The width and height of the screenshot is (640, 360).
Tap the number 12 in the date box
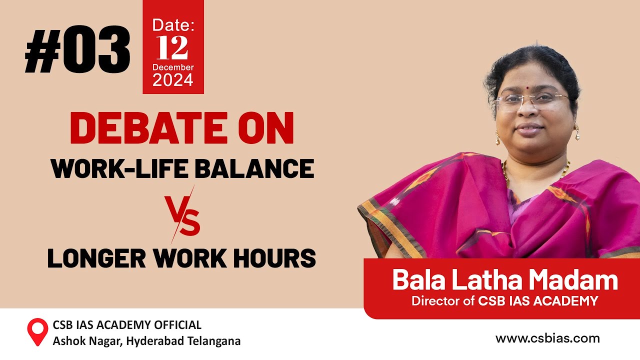click(172, 48)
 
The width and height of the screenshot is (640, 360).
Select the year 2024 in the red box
click(173, 80)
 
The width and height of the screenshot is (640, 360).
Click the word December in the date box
click(173, 67)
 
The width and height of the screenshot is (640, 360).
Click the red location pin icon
click(37, 331)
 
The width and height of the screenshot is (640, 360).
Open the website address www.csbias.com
click(547, 338)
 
